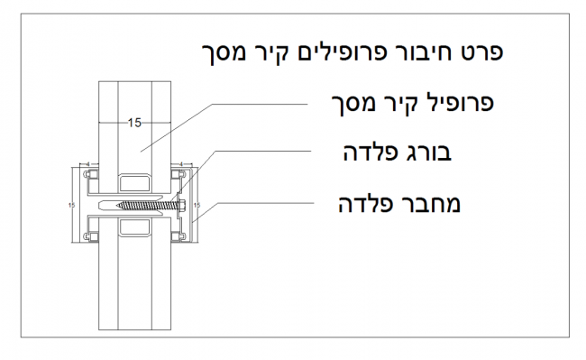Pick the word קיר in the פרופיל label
[x=392, y=102]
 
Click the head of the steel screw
[x=183, y=206]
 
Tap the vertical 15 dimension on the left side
[x=71, y=206]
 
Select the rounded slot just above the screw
[x=133, y=175]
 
